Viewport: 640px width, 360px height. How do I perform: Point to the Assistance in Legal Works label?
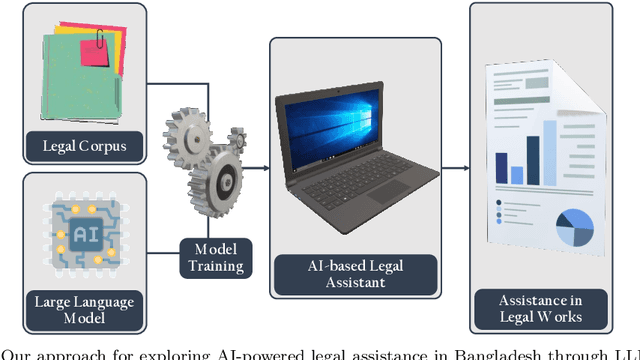[x=541, y=307]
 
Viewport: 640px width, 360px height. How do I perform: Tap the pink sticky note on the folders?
[x=96, y=50]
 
